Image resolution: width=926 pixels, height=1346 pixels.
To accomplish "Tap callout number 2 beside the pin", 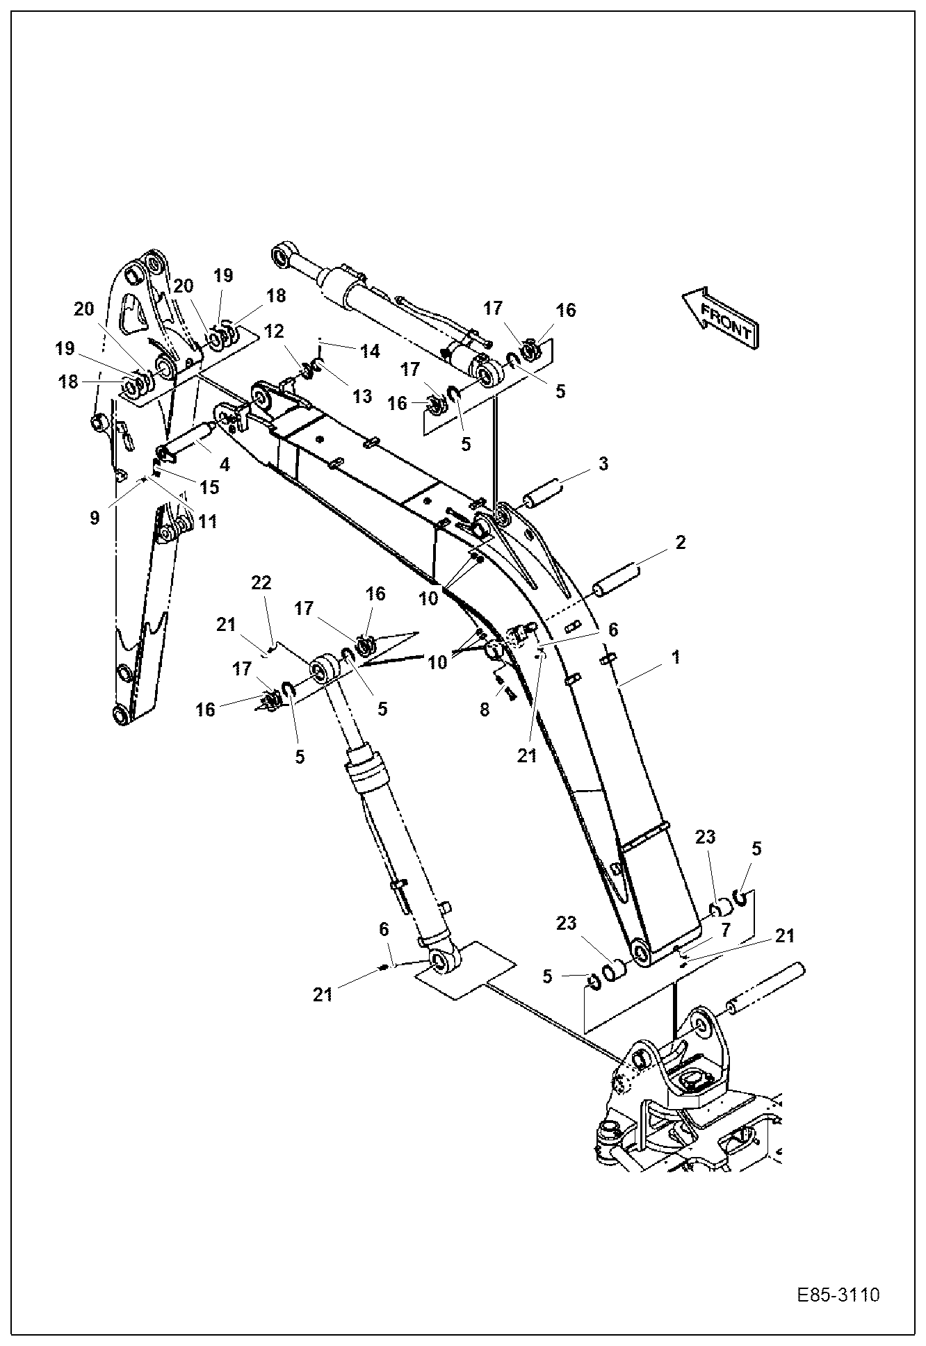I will [x=681, y=543].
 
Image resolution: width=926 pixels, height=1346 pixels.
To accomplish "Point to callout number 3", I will [x=603, y=463].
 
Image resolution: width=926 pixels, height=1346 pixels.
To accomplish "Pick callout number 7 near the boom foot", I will [x=724, y=928].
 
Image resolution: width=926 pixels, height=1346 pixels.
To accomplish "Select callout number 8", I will [x=485, y=709].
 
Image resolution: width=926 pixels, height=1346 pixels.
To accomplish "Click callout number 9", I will [x=95, y=517].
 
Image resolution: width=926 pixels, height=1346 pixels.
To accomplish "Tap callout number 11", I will [x=207, y=520].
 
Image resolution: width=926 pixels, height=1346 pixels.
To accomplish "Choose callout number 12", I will [x=275, y=331].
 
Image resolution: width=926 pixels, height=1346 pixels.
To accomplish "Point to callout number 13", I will [x=362, y=396].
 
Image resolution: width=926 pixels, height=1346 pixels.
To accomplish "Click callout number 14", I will [x=370, y=351].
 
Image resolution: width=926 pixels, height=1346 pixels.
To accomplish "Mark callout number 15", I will [x=209, y=487].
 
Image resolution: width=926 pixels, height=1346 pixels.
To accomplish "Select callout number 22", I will [x=261, y=583].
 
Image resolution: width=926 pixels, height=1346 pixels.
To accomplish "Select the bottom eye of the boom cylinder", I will [x=439, y=962].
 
